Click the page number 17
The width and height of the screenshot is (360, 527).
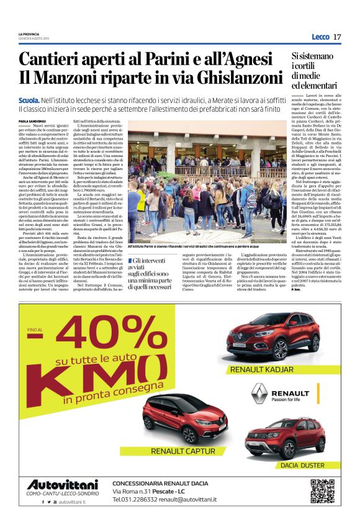(x=337, y=37)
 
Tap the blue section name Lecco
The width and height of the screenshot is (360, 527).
(x=320, y=37)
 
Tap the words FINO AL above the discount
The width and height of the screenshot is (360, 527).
(x=35, y=330)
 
